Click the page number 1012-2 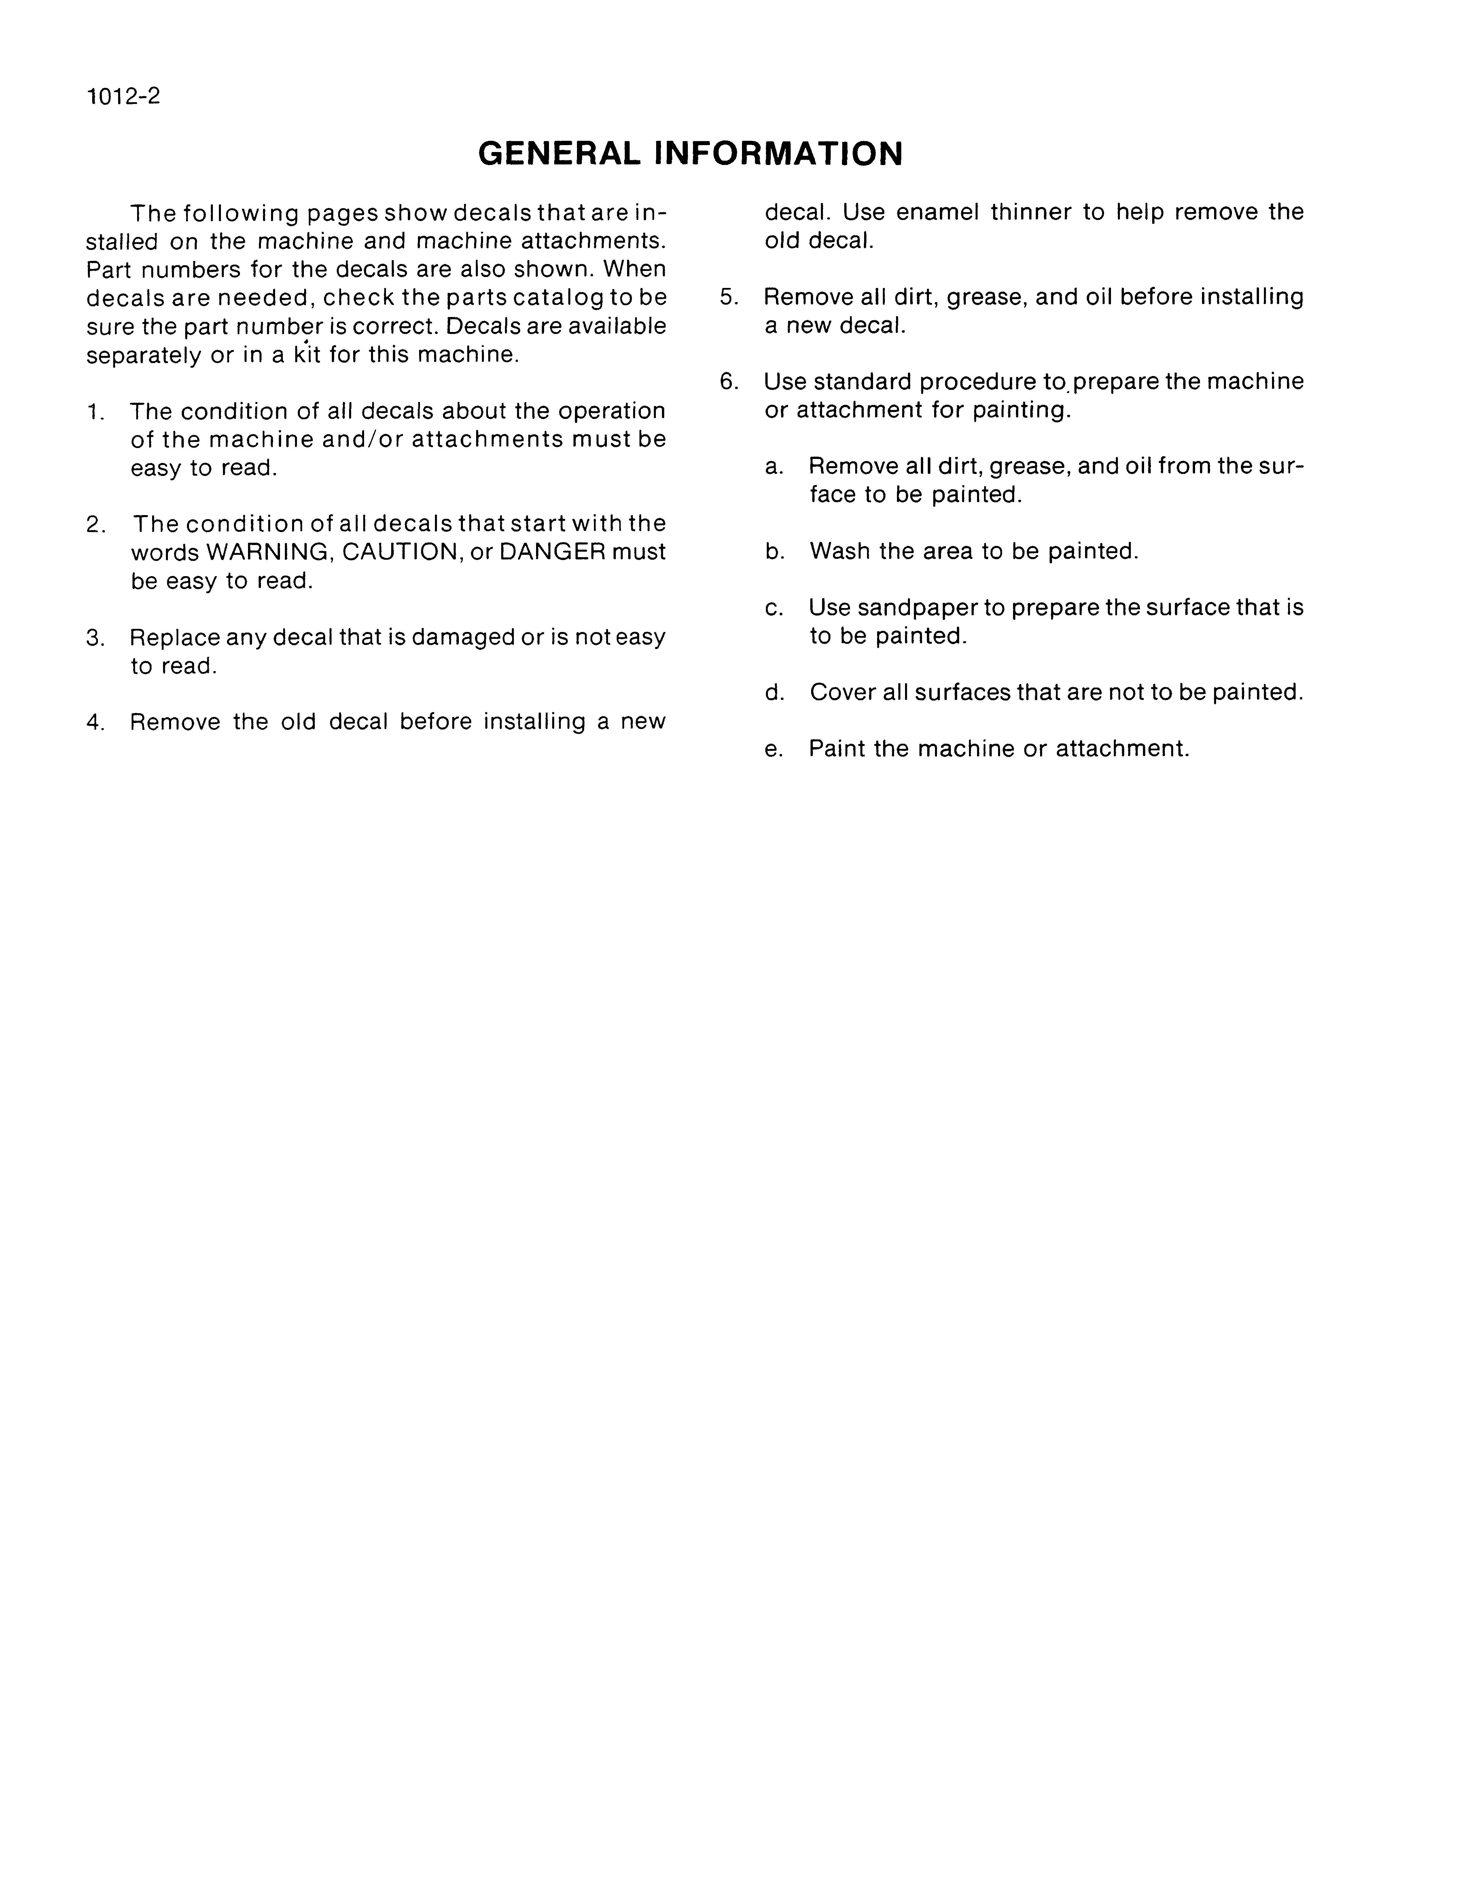(124, 96)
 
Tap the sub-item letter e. (774, 749)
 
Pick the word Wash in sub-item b (839, 551)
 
